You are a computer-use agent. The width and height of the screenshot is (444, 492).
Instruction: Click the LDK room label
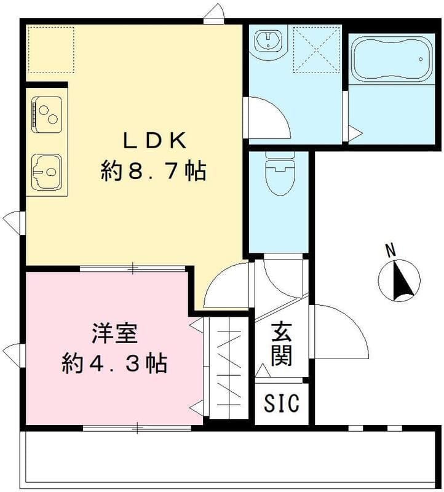154,140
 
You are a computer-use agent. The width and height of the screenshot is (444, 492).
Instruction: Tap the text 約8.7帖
154,170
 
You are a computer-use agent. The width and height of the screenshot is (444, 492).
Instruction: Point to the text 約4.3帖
114,363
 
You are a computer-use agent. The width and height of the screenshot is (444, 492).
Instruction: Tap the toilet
280,173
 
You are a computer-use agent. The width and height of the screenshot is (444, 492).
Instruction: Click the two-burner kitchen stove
47,114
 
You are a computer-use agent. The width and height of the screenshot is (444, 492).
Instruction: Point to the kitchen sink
47,172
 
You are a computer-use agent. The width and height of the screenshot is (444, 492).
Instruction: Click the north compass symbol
399,280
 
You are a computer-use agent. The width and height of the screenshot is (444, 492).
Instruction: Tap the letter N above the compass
390,251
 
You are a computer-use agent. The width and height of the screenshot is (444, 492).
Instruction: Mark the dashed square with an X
317,50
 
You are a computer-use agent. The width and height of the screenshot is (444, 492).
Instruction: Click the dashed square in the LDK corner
52,50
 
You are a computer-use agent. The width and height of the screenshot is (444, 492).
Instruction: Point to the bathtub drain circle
421,59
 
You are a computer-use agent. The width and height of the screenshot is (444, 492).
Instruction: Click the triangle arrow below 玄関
263,371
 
